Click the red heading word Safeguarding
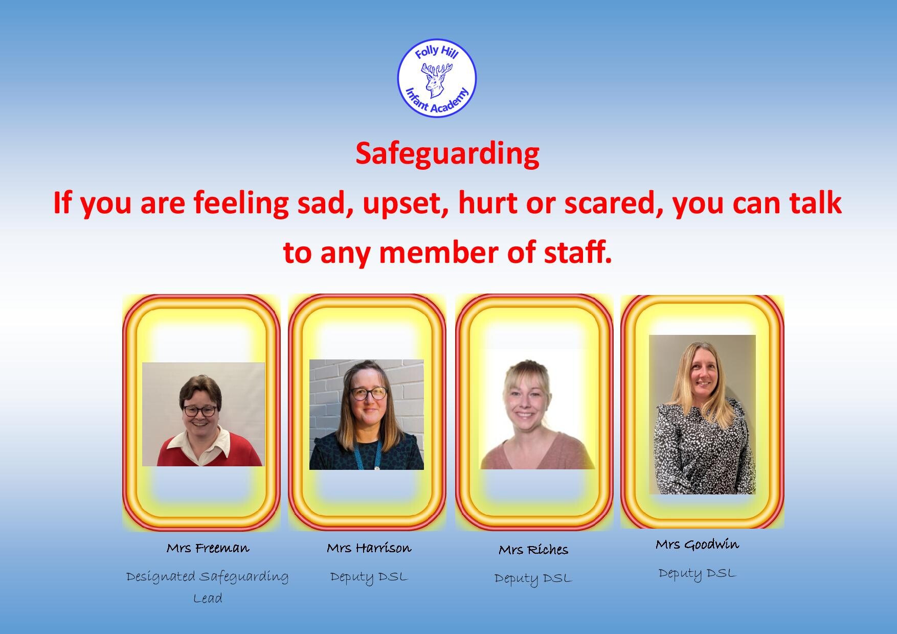[447, 154]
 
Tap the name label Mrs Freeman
[208, 549]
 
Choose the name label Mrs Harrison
[369, 548]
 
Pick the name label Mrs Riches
[533, 550]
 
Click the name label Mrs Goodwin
[697, 545]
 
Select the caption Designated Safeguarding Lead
[208, 587]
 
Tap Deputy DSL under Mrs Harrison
[369, 577]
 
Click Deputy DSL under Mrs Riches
[533, 579]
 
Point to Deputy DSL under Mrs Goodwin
[697, 574]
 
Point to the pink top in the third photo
[537, 450]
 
